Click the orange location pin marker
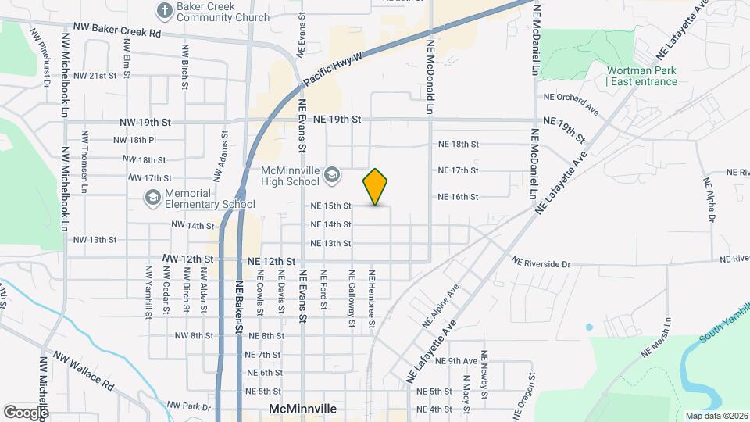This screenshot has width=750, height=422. [x=376, y=187]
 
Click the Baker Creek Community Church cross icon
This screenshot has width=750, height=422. [x=165, y=10]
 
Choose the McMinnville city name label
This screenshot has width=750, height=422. [x=302, y=409]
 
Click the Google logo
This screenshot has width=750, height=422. [x=26, y=412]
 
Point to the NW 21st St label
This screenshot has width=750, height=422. [x=95, y=76]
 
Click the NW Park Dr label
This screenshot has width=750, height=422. [x=189, y=406]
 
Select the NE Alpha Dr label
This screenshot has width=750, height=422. [x=709, y=199]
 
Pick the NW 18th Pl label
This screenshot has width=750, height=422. [x=134, y=140]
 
